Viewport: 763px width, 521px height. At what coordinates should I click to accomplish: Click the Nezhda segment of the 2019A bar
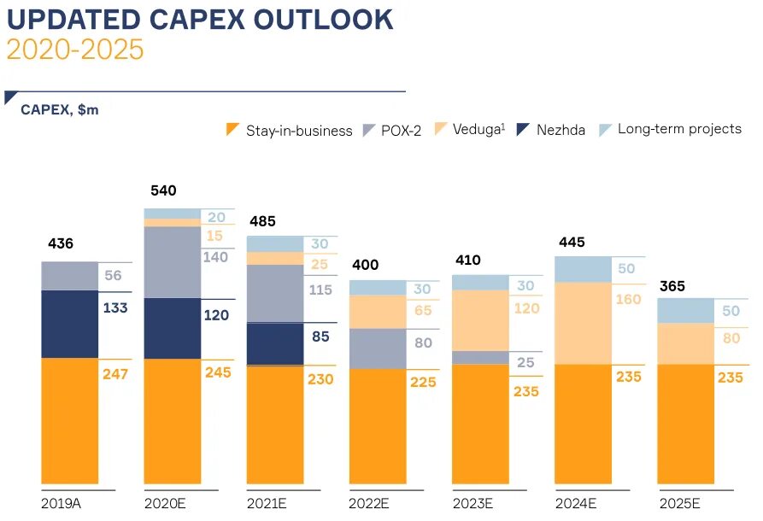pyautogui.click(x=70, y=324)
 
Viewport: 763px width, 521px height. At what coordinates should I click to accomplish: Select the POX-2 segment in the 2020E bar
pyautogui.click(x=172, y=262)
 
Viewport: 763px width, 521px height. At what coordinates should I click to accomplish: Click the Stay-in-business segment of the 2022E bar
pyautogui.click(x=377, y=425)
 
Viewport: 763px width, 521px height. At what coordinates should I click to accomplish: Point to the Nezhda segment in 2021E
pyautogui.click(x=274, y=343)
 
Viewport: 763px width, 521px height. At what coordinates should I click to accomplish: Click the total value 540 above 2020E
pyautogui.click(x=163, y=190)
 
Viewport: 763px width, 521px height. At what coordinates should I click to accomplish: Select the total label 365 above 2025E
pyautogui.click(x=672, y=286)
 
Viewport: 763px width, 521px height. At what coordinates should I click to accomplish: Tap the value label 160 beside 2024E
pyautogui.click(x=628, y=300)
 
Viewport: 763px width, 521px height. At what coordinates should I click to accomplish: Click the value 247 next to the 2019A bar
pyautogui.click(x=115, y=373)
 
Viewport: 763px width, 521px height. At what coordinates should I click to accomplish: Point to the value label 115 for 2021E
pyautogui.click(x=320, y=290)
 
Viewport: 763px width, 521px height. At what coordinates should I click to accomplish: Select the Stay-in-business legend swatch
pyautogui.click(x=232, y=130)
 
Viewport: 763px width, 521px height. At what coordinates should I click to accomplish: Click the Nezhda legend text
pyautogui.click(x=561, y=131)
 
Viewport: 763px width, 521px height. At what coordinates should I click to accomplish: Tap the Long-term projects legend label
pyautogui.click(x=679, y=129)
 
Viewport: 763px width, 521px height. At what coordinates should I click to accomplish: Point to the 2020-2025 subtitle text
pyautogui.click(x=75, y=50)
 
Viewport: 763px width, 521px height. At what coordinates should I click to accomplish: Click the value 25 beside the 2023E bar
pyautogui.click(x=525, y=363)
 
